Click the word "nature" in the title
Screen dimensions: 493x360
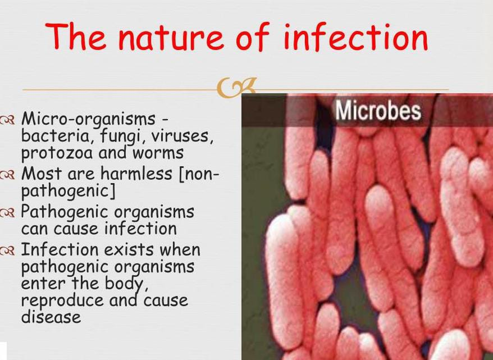pyautogui.click(x=171, y=37)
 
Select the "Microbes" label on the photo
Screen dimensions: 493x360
pyautogui.click(x=377, y=111)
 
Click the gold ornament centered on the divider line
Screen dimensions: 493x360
pyautogui.click(x=236, y=88)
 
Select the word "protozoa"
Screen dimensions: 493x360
pyautogui.click(x=57, y=154)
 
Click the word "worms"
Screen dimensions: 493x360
pyautogui.click(x=158, y=153)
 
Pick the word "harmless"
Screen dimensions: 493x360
pyautogui.click(x=136, y=173)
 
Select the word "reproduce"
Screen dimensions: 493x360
pyautogui.click(x=62, y=301)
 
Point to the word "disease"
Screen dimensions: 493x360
pyautogui.click(x=51, y=317)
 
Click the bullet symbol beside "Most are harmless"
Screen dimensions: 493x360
pyautogui.click(x=7, y=175)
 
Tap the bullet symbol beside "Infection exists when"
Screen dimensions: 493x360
pyautogui.click(x=7, y=251)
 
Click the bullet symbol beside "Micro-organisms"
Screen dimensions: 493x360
pyautogui.click(x=7, y=120)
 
